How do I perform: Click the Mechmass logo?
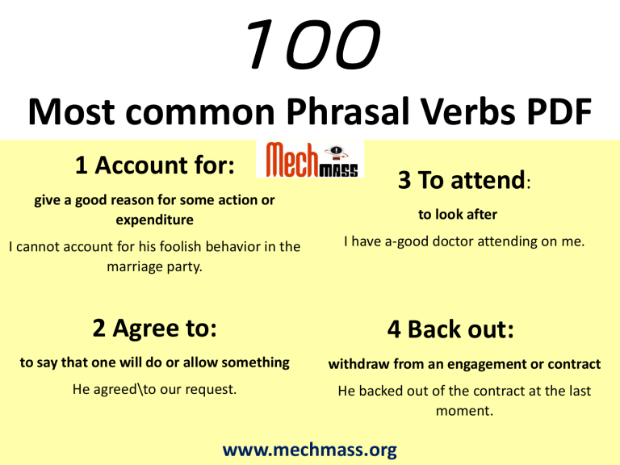tap(310, 159)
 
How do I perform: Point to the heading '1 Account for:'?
tap(154, 165)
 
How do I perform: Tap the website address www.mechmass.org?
tap(309, 449)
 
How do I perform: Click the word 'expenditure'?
tap(154, 219)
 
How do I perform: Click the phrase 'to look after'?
tap(457, 214)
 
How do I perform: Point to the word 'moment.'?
tap(463, 410)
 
